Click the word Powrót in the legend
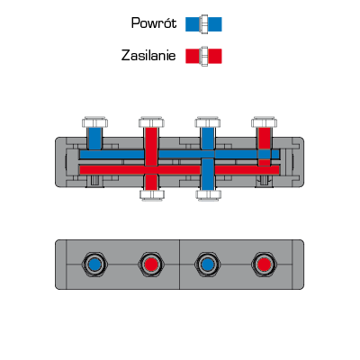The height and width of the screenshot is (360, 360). (x=154, y=23)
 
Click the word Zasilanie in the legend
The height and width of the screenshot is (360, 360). (x=148, y=56)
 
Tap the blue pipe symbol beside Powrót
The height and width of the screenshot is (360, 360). (x=203, y=24)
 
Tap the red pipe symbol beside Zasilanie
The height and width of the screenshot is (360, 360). (x=203, y=56)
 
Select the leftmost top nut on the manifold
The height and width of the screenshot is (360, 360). (x=94, y=122)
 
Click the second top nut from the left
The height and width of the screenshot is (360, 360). (x=151, y=122)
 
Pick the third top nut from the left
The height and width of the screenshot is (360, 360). (x=208, y=122)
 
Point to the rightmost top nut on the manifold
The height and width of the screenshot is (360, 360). (x=265, y=122)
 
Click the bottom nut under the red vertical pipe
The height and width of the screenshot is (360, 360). (x=152, y=195)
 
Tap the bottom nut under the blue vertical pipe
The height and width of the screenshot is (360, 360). (x=208, y=195)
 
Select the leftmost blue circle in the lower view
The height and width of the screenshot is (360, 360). (x=94, y=265)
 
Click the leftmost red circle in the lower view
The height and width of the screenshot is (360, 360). (x=151, y=265)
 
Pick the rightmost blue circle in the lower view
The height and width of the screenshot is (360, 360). (x=208, y=265)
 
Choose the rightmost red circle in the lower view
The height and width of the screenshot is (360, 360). (x=264, y=265)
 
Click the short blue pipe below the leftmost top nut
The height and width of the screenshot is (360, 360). (x=94, y=139)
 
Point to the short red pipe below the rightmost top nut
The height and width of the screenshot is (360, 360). (x=265, y=139)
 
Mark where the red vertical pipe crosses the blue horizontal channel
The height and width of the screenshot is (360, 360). (x=151, y=155)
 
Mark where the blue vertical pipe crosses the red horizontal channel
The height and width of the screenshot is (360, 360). (x=208, y=170)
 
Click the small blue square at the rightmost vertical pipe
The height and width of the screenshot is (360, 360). (x=265, y=155)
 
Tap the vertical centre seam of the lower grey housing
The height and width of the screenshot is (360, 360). (x=179, y=265)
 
